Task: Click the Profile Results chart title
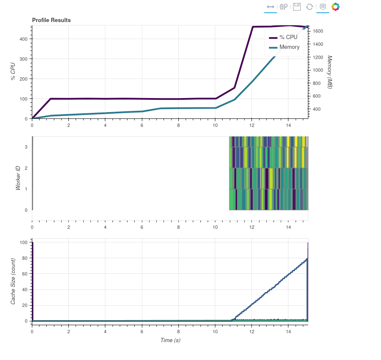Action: [x=51, y=20]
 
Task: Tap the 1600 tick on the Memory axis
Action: [x=318, y=31]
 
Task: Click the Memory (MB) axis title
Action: [x=330, y=72]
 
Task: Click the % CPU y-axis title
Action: [x=13, y=72]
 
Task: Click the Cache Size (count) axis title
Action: [x=13, y=281]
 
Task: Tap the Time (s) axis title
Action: [x=170, y=340]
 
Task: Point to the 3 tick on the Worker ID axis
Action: [x=26, y=147]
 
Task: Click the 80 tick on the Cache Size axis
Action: [x=25, y=258]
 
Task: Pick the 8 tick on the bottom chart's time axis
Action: [x=178, y=329]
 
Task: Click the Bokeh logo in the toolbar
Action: [x=336, y=7]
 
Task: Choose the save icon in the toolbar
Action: [x=297, y=7]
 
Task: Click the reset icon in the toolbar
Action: [x=310, y=7]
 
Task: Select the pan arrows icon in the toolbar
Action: [x=270, y=7]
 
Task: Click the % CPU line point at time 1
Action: [x=51, y=98]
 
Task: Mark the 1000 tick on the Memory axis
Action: [x=318, y=70]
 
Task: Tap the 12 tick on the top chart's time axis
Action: [x=251, y=126]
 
